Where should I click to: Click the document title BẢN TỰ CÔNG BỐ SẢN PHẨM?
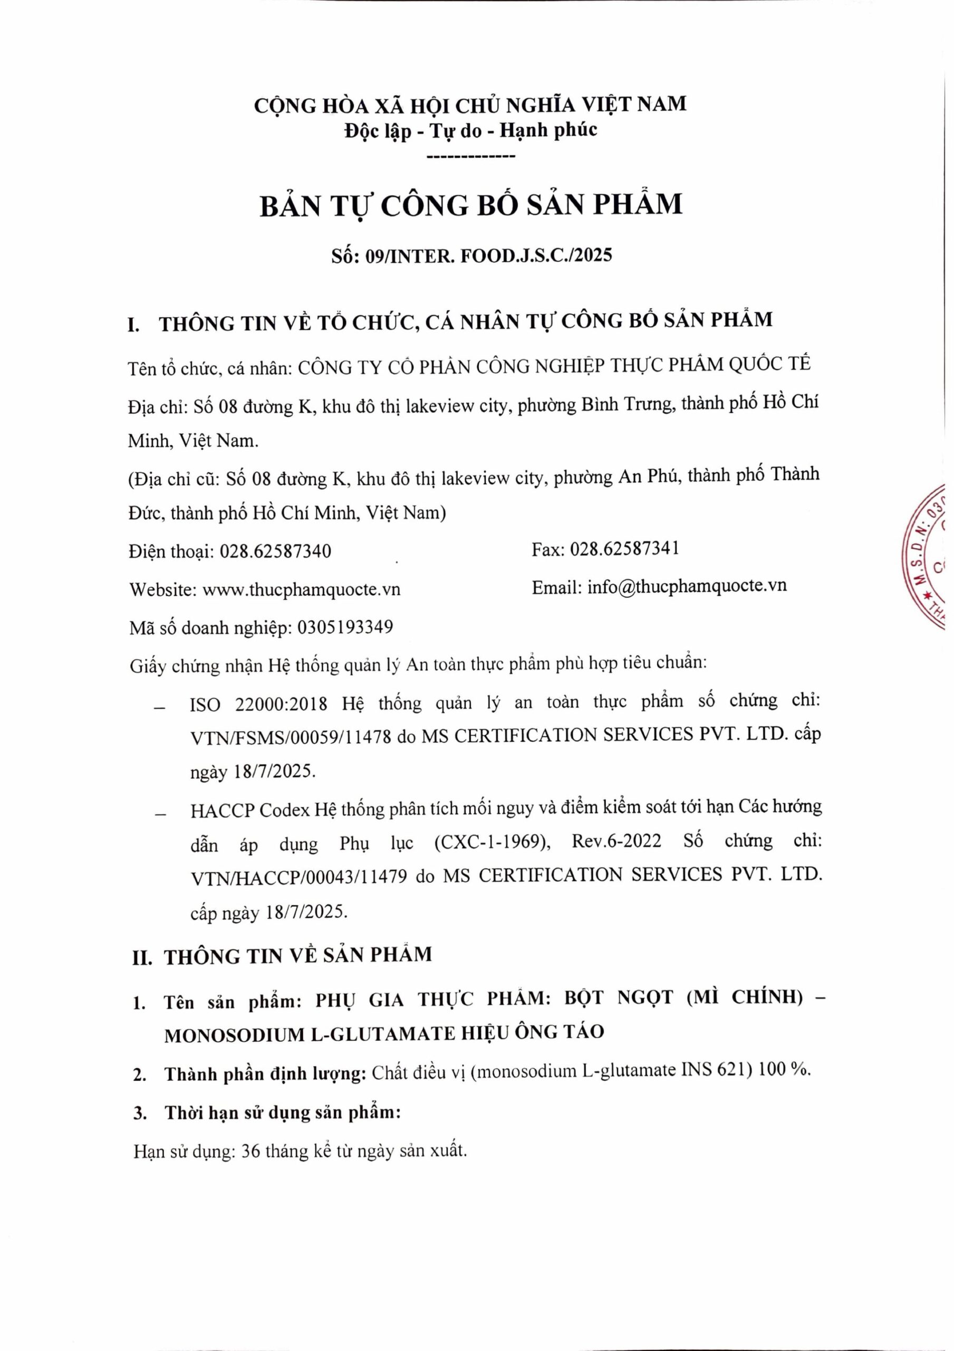tap(471, 205)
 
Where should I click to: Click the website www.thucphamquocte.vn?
tap(301, 589)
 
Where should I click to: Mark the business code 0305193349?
tap(345, 628)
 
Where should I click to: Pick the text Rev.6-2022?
tap(616, 841)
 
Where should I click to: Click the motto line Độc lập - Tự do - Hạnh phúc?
tap(470, 130)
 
